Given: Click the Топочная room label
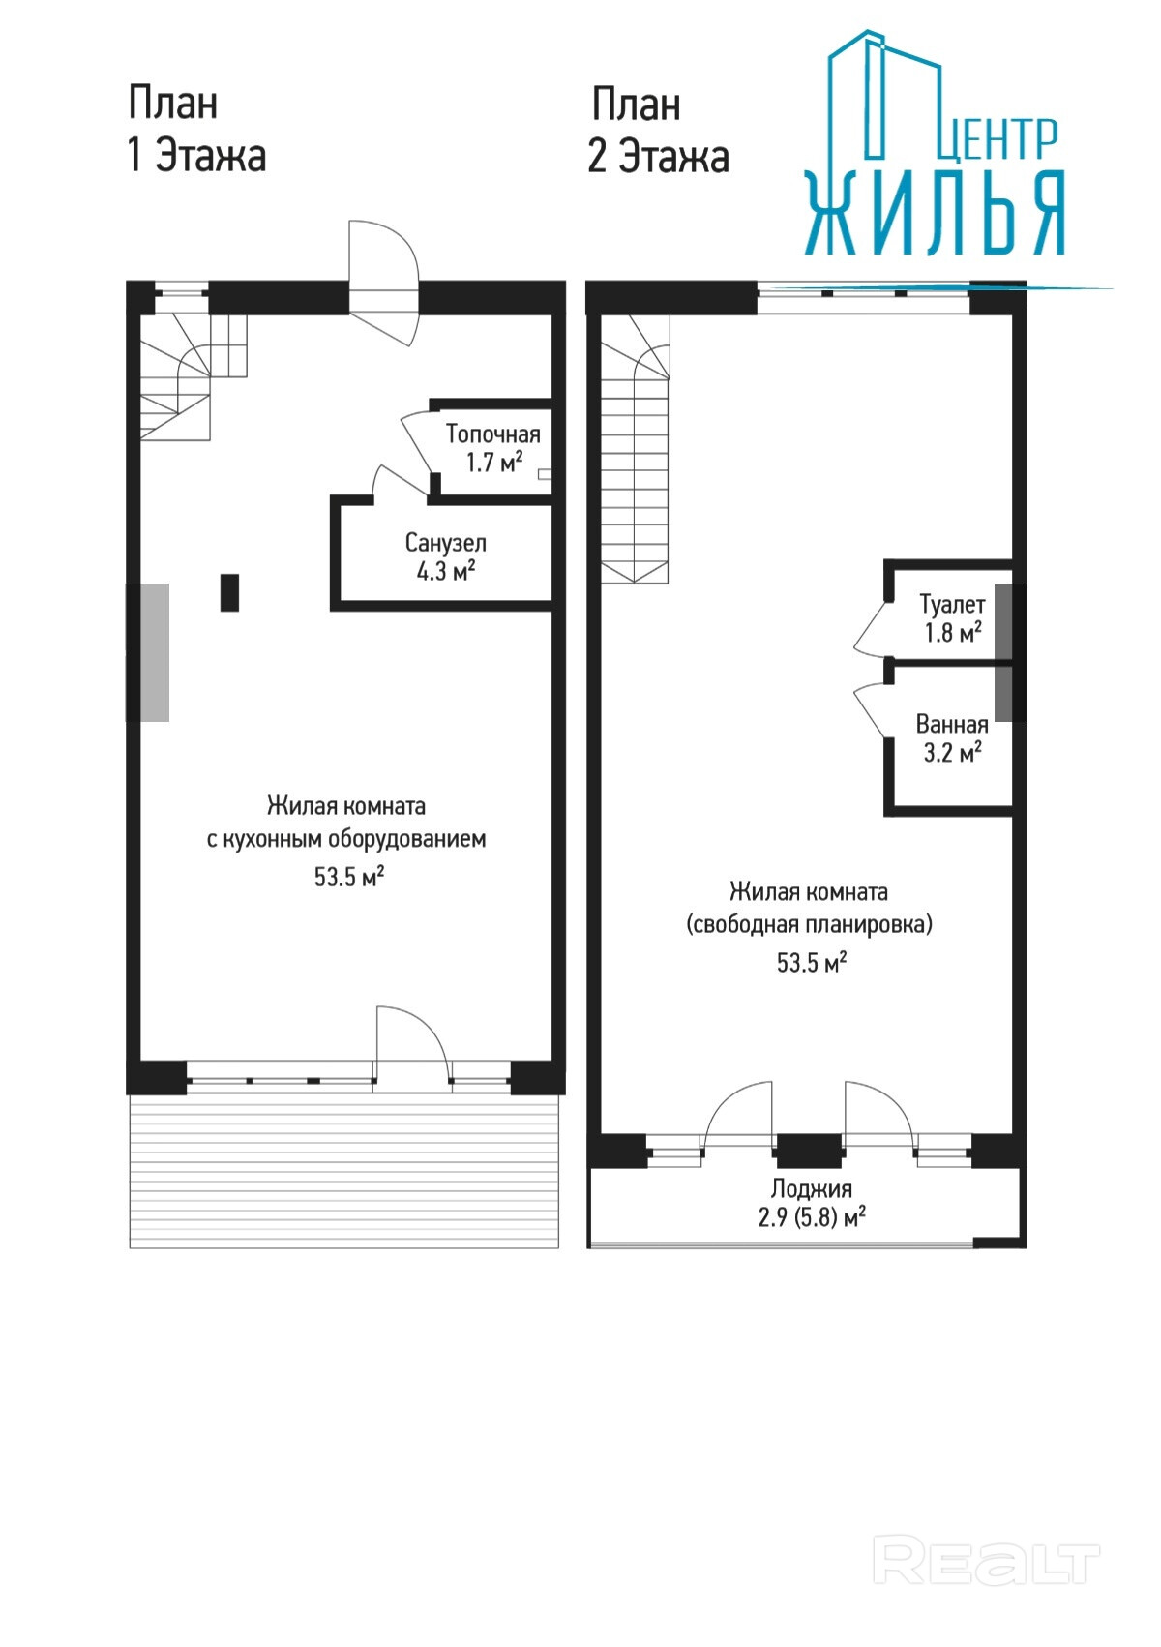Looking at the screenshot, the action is [492, 434].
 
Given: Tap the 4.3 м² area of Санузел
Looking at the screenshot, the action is [446, 571].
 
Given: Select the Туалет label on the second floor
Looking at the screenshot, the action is [952, 605].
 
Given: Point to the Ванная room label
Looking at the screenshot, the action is [951, 725].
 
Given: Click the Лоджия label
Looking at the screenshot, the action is [811, 1189].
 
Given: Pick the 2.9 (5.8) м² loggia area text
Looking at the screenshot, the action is [812, 1217].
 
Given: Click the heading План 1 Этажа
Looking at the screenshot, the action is [196, 130].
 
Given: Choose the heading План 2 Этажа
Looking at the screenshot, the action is [658, 130].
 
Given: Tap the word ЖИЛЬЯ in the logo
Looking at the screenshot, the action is [936, 213].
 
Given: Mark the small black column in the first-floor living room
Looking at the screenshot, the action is [229, 592].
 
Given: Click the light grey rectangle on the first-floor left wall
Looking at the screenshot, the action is [148, 652].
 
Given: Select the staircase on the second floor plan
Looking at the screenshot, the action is [636, 449].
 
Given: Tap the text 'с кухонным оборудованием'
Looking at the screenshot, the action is [346, 839].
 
